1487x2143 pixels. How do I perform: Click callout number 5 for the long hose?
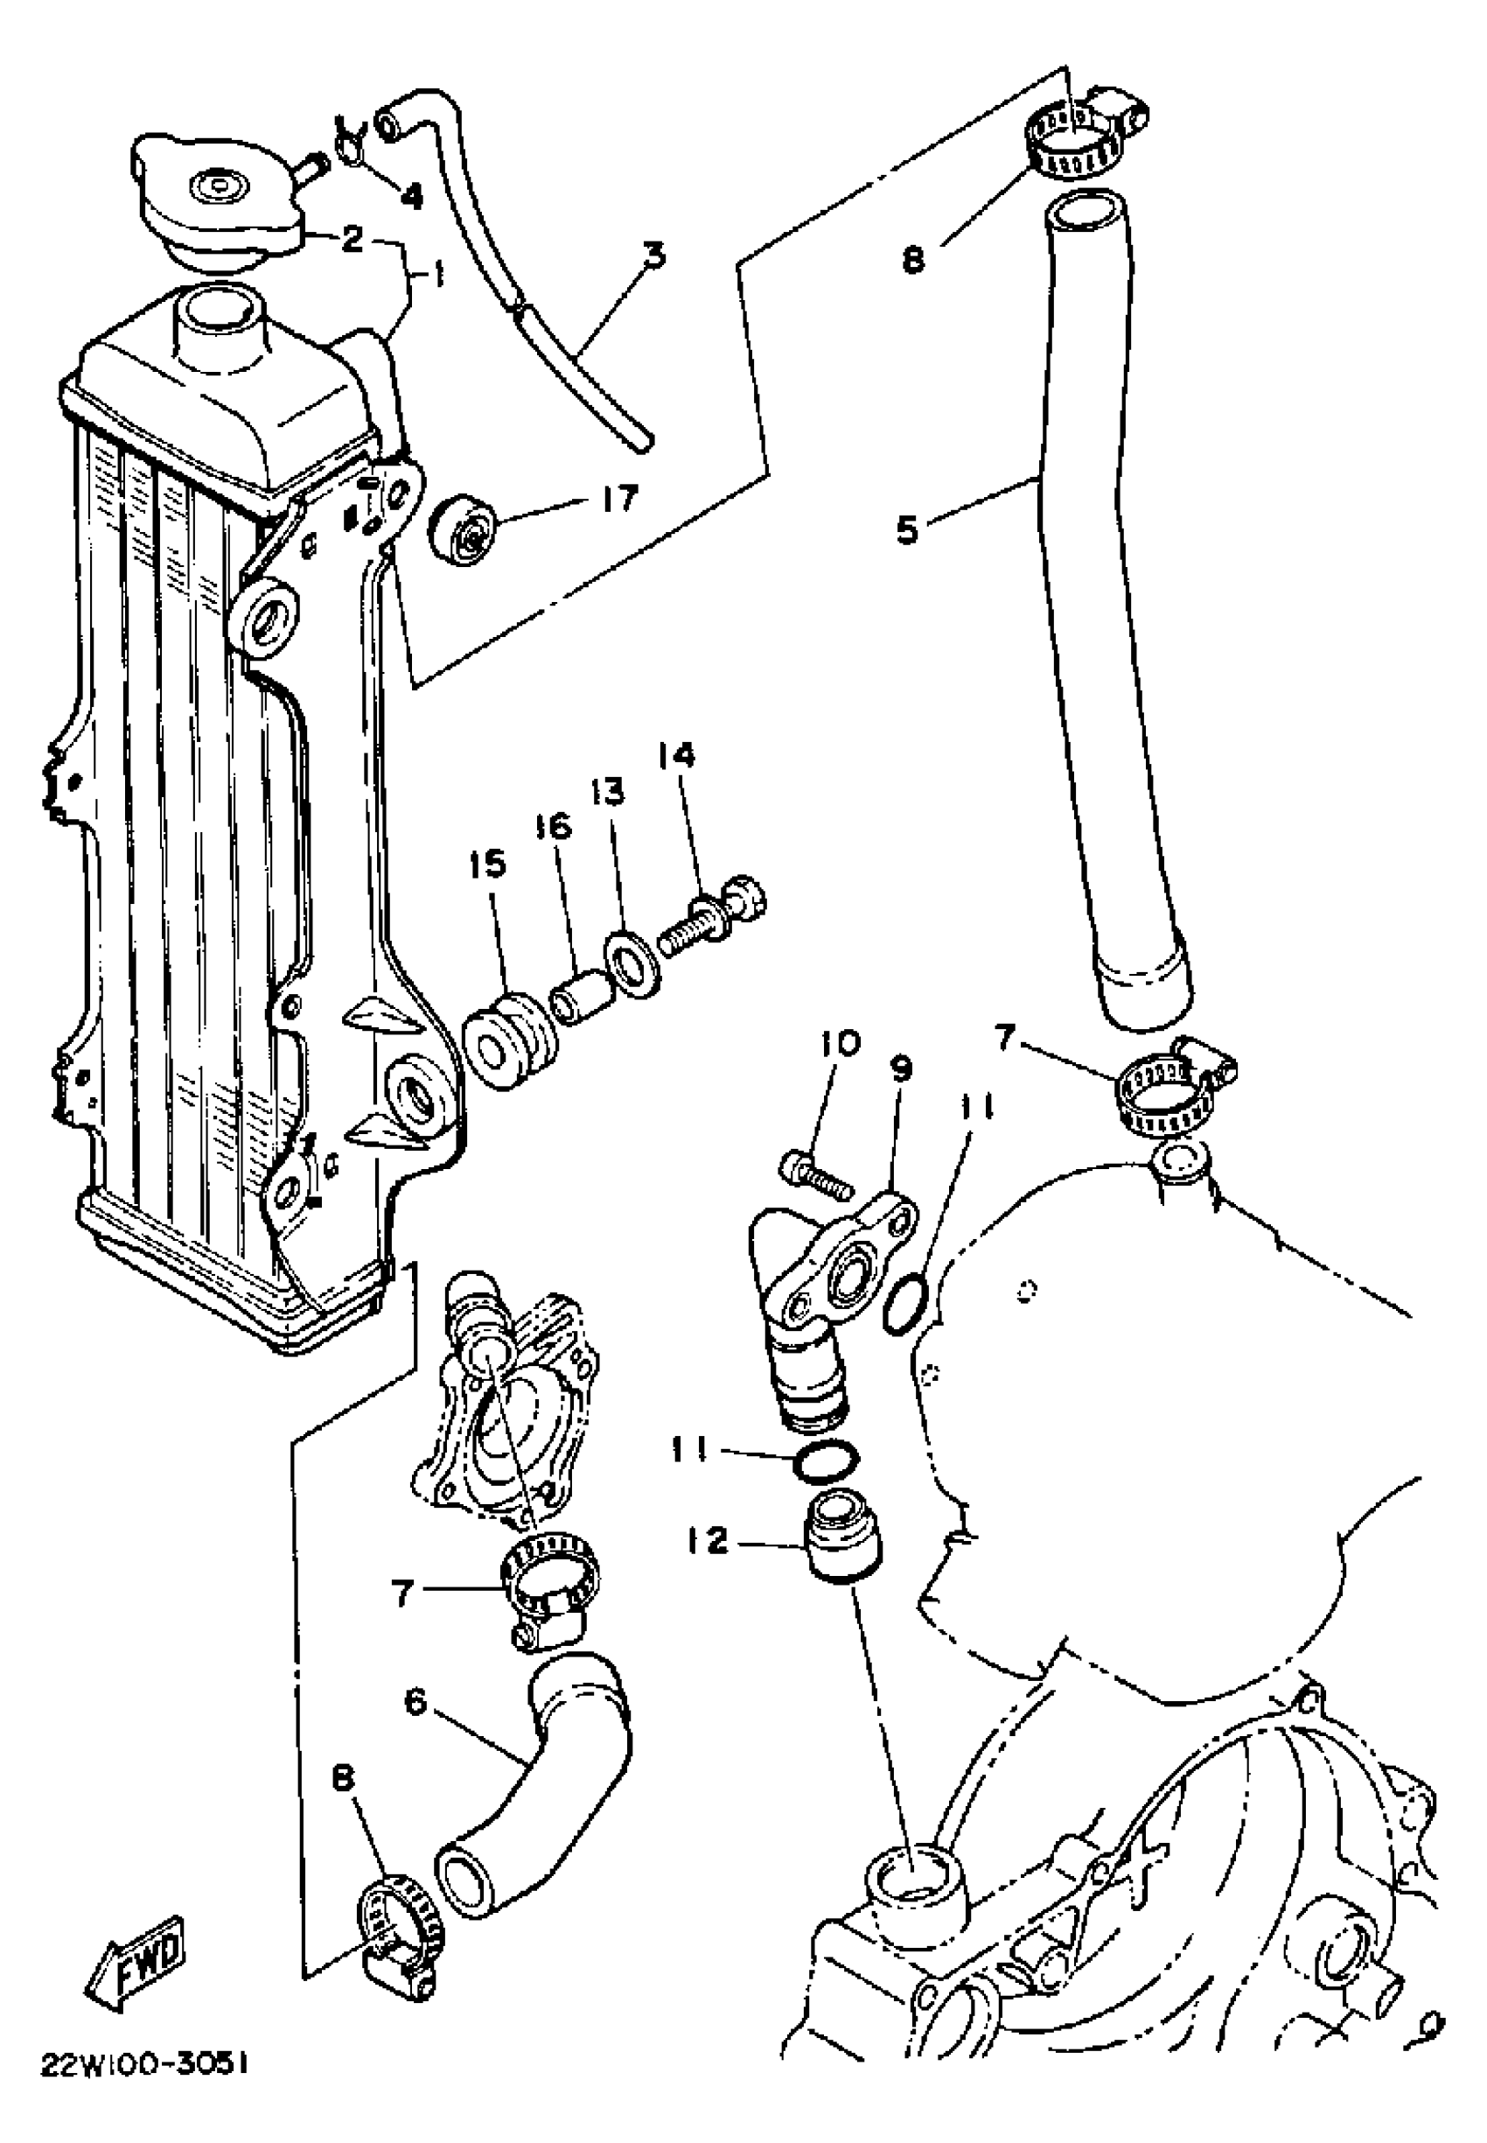tap(906, 529)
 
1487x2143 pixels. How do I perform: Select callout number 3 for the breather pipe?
tap(655, 255)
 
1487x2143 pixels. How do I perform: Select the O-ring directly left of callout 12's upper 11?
tap(825, 1463)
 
